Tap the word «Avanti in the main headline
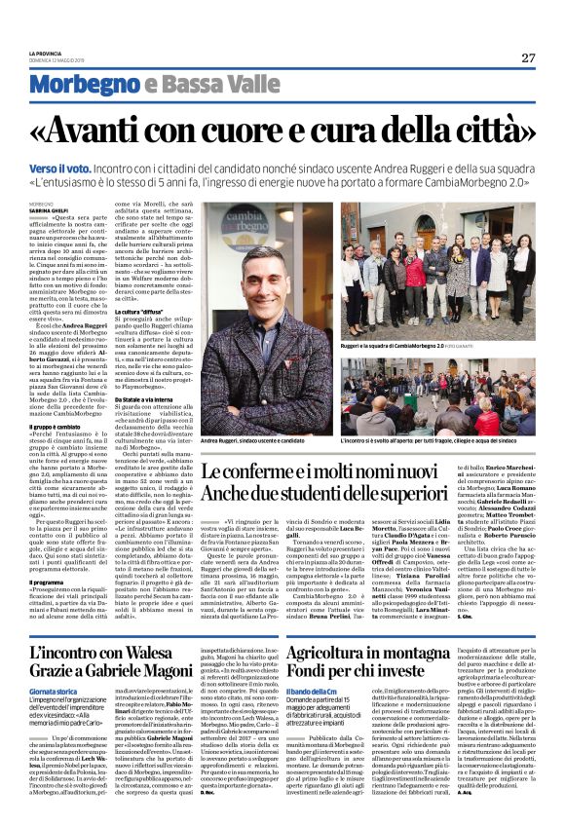pyautogui.click(x=125, y=127)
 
